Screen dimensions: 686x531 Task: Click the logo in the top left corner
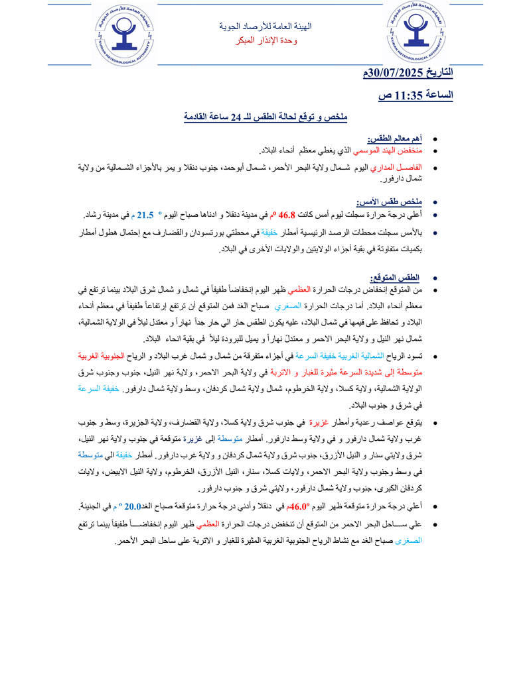click(x=125, y=36)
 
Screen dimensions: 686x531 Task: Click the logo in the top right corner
click(x=417, y=36)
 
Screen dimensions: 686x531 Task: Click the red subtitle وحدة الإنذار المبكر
click(x=266, y=41)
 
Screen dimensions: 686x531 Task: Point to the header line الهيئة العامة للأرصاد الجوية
click(x=265, y=27)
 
